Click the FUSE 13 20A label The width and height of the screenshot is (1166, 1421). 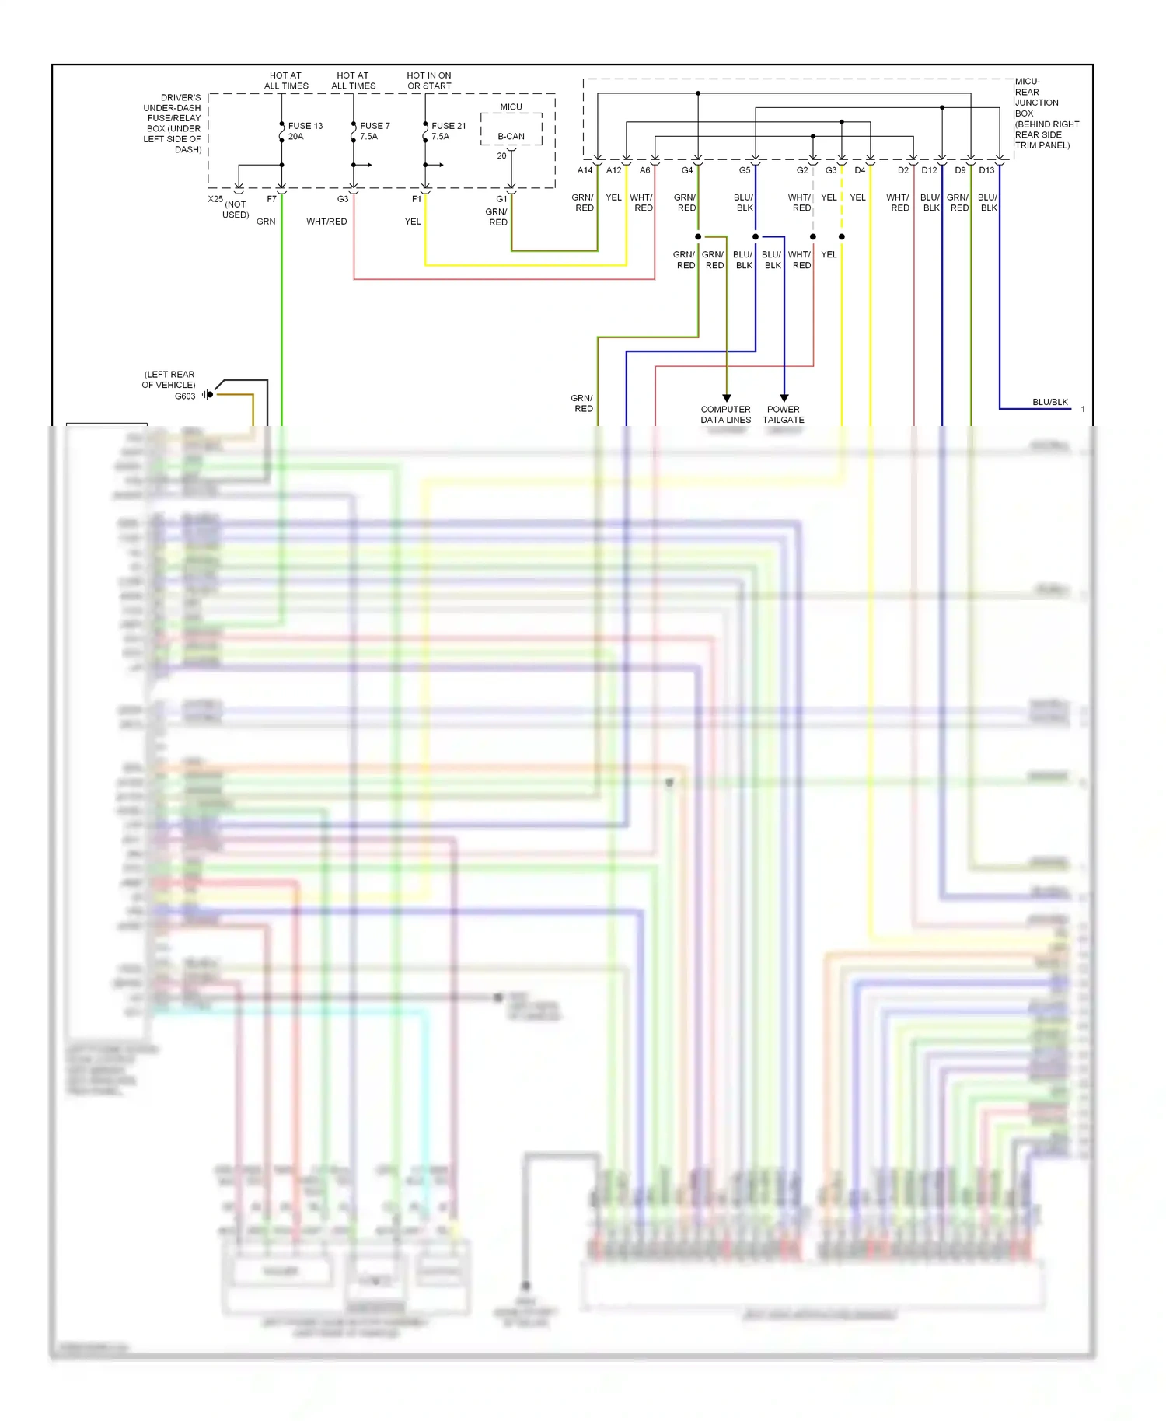tap(305, 131)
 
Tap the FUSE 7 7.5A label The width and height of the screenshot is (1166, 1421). tap(374, 131)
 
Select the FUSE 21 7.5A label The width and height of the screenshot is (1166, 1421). tap(448, 131)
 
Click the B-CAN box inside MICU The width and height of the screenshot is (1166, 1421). tap(511, 136)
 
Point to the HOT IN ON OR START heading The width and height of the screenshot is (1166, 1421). tap(429, 81)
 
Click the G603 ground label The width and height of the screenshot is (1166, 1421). tap(185, 396)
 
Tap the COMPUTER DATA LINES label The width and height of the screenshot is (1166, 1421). tap(725, 414)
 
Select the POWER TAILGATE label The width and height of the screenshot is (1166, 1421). tap(784, 414)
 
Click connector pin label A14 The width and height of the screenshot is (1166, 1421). tap(585, 170)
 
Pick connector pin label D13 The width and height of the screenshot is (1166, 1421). tap(986, 170)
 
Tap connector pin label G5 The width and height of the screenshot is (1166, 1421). tap(745, 170)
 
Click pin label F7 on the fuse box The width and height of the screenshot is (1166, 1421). tap(271, 199)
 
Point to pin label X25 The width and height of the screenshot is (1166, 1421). tap(215, 199)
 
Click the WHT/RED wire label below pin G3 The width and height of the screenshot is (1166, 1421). tap(326, 222)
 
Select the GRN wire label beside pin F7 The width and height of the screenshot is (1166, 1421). tap(266, 222)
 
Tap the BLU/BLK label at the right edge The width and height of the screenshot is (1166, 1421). tap(1050, 402)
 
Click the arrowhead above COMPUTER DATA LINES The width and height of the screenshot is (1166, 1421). tap(727, 398)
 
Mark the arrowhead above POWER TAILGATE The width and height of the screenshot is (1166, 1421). tap(784, 398)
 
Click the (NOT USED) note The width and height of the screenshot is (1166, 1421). tap(236, 210)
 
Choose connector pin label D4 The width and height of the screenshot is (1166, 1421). tap(860, 170)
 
